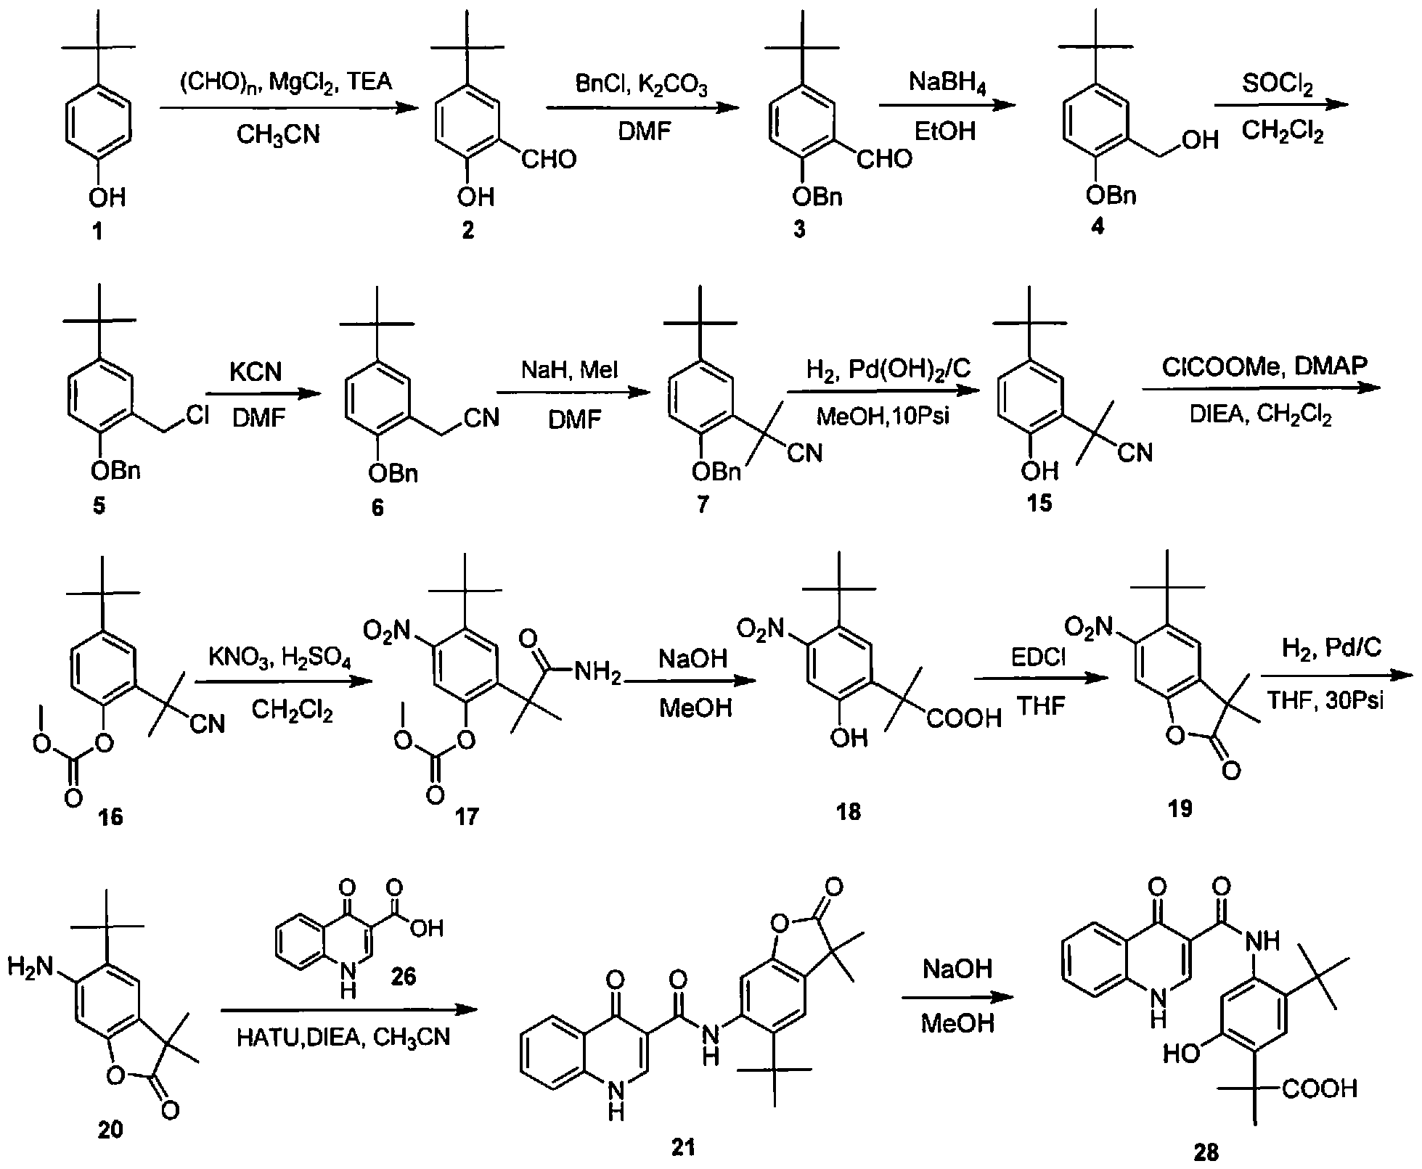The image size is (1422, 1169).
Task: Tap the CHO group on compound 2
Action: [x=549, y=159]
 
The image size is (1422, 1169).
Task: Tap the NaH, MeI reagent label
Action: [x=569, y=371]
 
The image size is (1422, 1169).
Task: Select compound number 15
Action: [x=1039, y=503]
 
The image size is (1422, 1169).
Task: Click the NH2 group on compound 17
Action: [x=597, y=675]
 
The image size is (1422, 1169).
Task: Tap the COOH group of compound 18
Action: [x=963, y=718]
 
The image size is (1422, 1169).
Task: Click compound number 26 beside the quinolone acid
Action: [x=404, y=976]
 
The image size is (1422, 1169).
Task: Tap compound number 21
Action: [x=683, y=1147]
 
